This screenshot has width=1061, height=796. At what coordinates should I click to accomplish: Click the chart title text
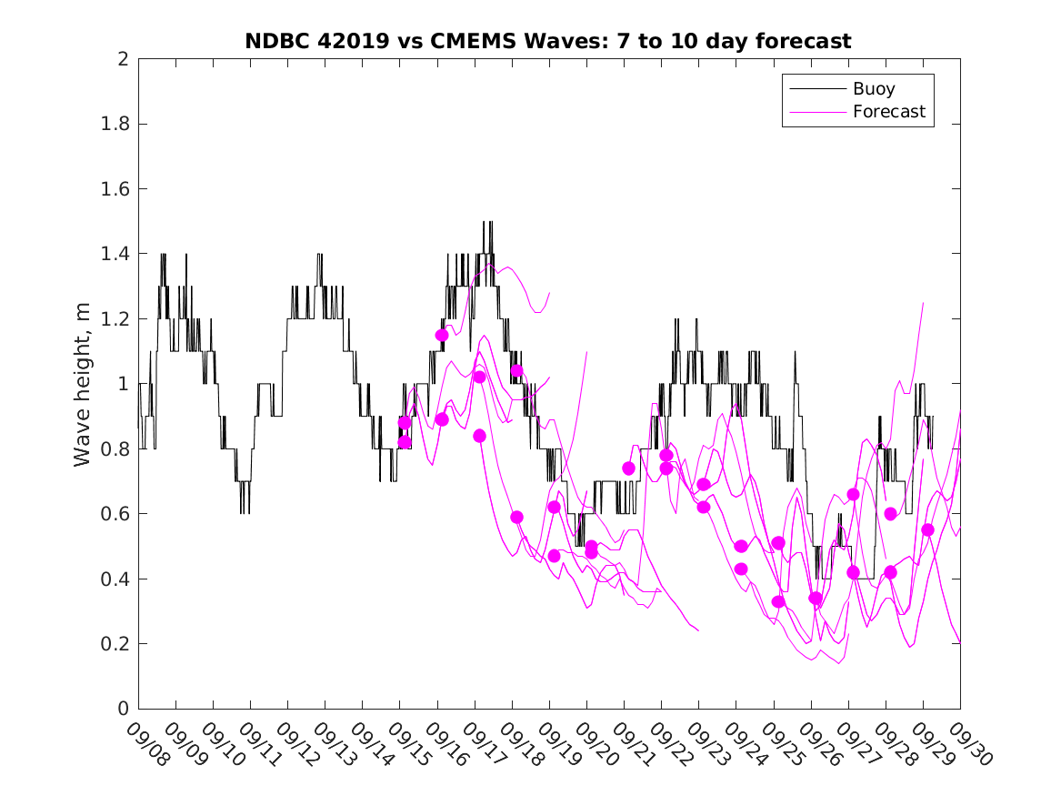(548, 41)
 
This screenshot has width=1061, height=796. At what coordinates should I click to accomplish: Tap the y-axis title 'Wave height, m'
(83, 384)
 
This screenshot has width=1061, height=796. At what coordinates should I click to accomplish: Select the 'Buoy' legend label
(874, 89)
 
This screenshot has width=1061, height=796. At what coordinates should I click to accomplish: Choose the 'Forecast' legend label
(889, 112)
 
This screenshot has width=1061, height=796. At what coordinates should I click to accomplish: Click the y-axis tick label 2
(122, 59)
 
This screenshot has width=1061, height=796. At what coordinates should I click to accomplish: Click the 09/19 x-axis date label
(557, 743)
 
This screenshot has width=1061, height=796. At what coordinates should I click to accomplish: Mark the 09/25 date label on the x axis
(781, 743)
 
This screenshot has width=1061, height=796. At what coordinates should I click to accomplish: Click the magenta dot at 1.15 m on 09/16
(442, 335)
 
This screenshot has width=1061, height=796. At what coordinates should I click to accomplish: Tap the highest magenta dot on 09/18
(516, 370)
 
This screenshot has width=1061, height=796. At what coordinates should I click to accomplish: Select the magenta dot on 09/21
(628, 468)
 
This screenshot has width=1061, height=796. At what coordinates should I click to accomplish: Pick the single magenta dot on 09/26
(816, 598)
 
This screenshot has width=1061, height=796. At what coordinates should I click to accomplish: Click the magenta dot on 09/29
(927, 529)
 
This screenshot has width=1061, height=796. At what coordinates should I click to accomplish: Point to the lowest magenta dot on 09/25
(778, 601)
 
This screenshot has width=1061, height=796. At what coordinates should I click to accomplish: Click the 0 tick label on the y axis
(122, 709)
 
